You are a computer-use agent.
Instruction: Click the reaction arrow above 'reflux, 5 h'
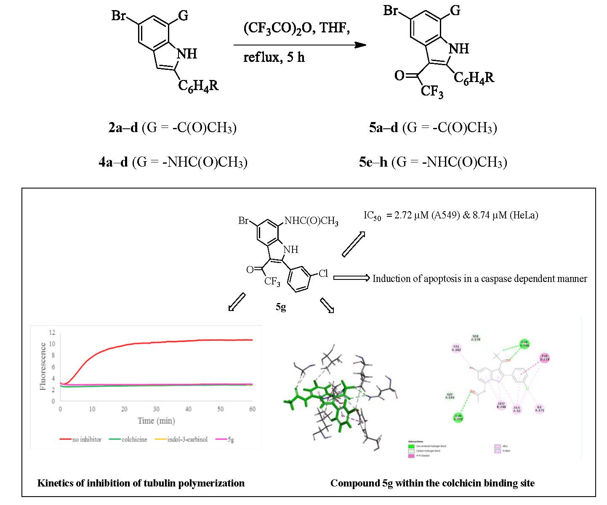[x=300, y=45]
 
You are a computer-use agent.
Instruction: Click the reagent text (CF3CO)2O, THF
[x=296, y=28]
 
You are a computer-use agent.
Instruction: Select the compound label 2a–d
[x=123, y=127]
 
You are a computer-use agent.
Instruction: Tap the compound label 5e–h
[x=373, y=162]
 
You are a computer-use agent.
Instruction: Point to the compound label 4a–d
[x=113, y=162]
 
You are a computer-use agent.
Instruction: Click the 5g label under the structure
[x=281, y=307]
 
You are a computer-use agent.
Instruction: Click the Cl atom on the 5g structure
[x=323, y=274]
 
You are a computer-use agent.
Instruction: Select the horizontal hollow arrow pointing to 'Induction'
[x=351, y=278]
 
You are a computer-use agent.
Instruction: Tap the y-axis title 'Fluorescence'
[x=43, y=366]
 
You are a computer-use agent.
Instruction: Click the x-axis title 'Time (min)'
[x=156, y=420]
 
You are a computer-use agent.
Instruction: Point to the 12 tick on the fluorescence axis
[x=52, y=332]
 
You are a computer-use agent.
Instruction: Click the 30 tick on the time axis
[x=156, y=409]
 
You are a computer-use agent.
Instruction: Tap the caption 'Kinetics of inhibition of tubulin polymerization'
[x=141, y=483]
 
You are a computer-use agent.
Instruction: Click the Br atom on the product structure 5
[x=391, y=11]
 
